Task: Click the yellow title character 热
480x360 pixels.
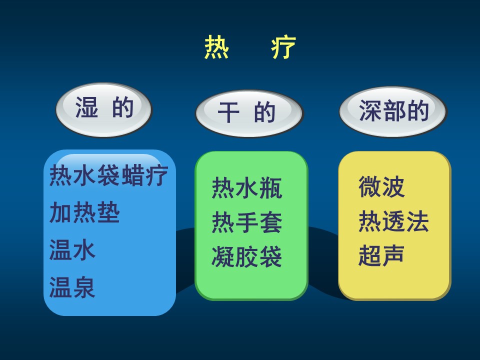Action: (216, 47)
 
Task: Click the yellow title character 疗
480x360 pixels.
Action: (283, 47)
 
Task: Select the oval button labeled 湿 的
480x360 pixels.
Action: (104, 109)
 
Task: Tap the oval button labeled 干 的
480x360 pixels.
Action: (249, 113)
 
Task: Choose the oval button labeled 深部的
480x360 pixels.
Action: (393, 111)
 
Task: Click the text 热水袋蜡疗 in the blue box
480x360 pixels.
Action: (108, 175)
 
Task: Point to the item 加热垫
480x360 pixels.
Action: (84, 212)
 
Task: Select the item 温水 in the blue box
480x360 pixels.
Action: (72, 250)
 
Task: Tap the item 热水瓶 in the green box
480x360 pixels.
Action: (246, 187)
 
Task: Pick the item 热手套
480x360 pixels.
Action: (246, 222)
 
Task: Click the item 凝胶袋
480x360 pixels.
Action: (246, 256)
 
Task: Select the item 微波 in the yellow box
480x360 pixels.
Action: (381, 186)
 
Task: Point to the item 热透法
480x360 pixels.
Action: (393, 221)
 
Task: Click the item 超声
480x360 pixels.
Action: (381, 255)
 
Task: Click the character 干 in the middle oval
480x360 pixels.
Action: (228, 112)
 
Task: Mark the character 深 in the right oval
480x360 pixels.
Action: (370, 110)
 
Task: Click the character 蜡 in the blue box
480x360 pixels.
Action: (133, 175)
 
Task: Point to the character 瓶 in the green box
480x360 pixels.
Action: (270, 187)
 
